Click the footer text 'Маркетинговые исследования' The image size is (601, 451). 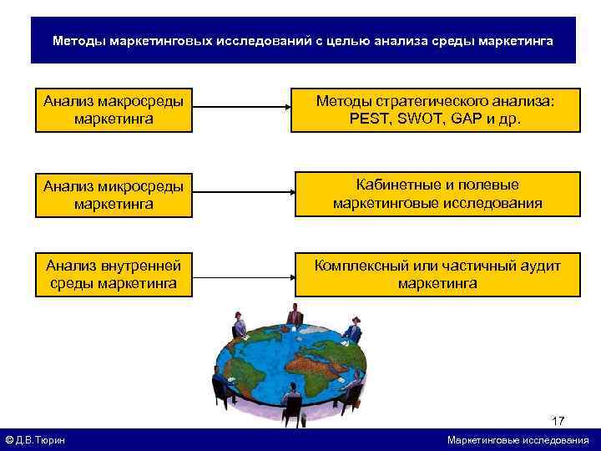(518, 440)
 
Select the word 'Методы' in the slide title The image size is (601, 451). (78, 41)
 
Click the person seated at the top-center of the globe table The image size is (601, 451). (294, 317)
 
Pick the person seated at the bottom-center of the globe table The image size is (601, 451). (292, 401)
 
